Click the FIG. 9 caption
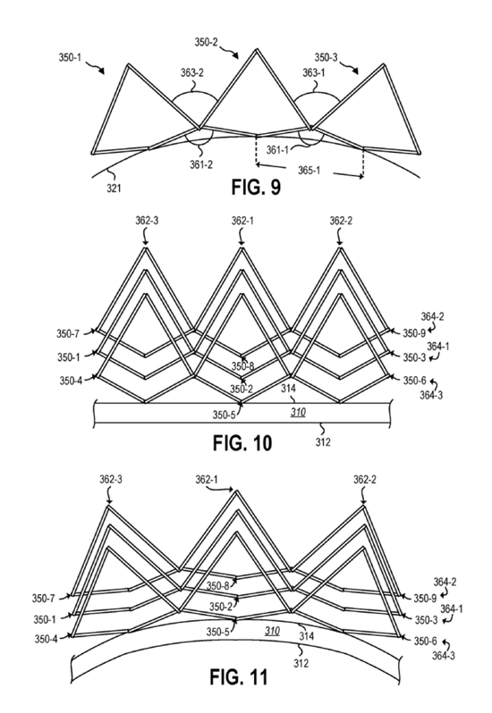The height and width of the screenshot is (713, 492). coord(256,187)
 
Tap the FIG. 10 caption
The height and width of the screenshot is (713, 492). coord(242,443)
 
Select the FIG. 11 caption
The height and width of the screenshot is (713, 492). coord(239,677)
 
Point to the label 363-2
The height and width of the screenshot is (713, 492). coord(191,72)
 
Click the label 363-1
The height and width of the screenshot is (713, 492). coord(314,72)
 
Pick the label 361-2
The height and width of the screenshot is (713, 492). coord(201,164)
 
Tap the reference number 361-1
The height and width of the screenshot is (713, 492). coord(276,149)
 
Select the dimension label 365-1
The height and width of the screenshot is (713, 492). coord(310,170)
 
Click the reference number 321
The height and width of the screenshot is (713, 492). coord(114,187)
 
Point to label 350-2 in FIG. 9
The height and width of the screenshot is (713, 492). coord(207,43)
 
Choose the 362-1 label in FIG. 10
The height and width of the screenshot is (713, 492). coord(242,221)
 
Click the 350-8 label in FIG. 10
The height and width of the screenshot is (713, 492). coord(242,366)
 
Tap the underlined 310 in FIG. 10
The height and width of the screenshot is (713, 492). coord(298,413)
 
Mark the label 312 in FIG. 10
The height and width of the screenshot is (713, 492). coord(323,441)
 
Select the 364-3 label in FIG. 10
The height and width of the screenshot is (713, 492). coord(431,395)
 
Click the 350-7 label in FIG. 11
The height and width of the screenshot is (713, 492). coord(44,599)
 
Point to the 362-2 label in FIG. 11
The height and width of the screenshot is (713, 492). coord(365,480)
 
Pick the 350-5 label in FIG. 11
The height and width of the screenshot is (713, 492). coord(218,632)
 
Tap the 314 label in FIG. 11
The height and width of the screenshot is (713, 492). coord(306,636)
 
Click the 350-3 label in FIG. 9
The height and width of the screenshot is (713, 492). coord(327,58)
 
